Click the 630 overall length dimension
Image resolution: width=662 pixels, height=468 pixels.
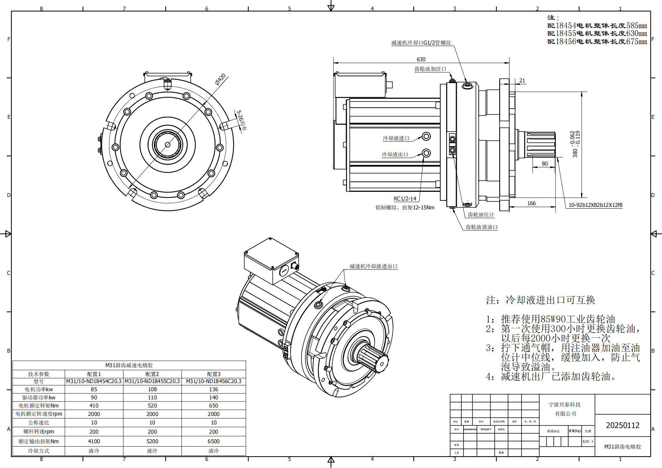pos(421,59)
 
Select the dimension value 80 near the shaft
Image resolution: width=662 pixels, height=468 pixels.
pos(545,163)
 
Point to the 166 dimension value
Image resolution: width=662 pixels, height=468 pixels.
pos(531,203)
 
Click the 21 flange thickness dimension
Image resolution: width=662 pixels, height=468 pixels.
pos(522,80)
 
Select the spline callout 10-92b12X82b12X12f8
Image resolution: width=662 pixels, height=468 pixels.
pos(595,205)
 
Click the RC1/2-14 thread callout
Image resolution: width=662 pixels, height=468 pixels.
pos(405,198)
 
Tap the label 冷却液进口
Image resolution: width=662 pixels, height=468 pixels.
pos(396,138)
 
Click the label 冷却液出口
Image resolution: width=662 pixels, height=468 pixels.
pos(395,154)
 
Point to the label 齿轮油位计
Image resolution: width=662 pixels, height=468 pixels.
pos(480,214)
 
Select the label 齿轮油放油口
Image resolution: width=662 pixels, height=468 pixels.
pos(481,227)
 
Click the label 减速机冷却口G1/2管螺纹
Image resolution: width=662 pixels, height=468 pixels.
pos(421,42)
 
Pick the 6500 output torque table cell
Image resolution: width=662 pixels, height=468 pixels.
pos(213,441)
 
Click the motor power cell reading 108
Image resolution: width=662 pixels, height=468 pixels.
pos(152,389)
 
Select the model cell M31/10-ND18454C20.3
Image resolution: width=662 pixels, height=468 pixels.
pos(94,381)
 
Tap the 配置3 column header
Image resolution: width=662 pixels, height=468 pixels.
pos(213,374)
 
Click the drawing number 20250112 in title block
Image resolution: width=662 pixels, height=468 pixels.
pos(622,425)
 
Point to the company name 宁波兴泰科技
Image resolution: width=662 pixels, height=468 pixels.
pos(564,404)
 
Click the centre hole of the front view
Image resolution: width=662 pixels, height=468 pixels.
pos(167,145)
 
